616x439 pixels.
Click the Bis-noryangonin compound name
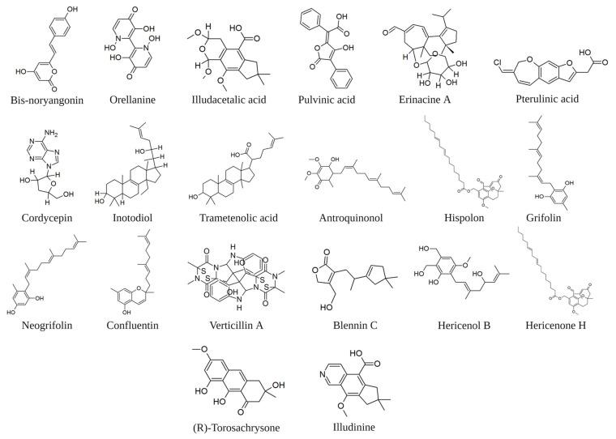tap(45, 99)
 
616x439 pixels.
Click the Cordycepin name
tap(40, 218)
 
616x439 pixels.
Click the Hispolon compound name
tap(457, 218)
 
